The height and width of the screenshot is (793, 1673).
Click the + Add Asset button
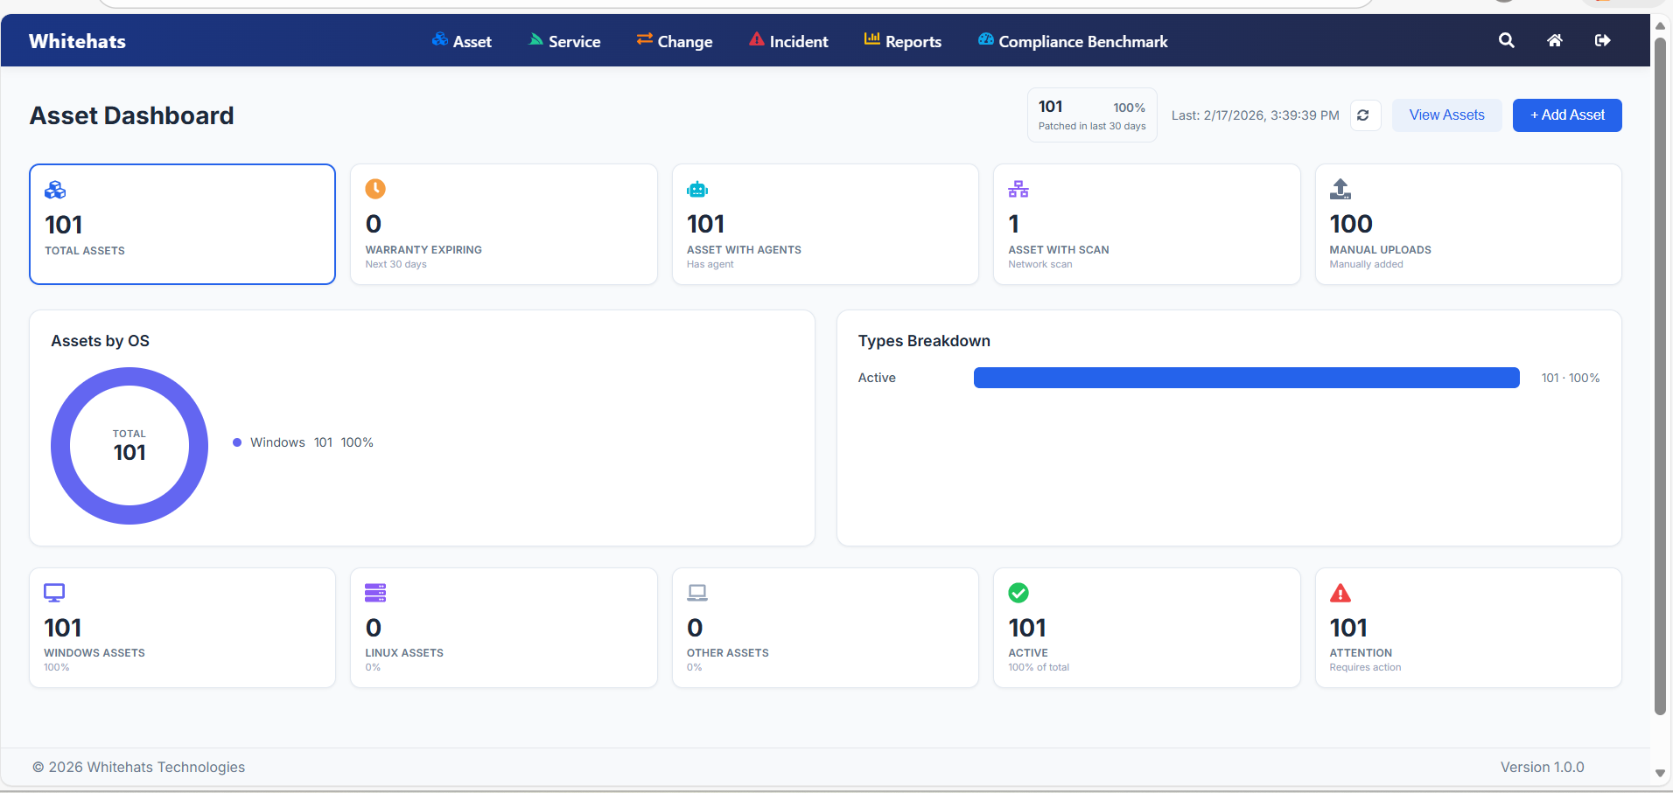1566,115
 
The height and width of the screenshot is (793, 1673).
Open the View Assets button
1446,115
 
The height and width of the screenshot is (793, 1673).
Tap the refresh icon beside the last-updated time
1363,115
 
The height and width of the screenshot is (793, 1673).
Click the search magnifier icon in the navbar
1506,40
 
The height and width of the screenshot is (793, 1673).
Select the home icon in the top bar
1554,40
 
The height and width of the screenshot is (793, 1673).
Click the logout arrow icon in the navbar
1602,40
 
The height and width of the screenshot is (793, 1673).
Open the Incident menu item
788,41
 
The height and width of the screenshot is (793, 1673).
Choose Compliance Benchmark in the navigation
1073,41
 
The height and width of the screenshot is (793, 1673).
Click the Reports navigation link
903,41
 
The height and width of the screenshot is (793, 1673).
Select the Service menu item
564,41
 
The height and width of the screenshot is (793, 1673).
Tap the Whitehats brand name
77,41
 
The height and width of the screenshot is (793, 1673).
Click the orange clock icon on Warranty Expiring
375,189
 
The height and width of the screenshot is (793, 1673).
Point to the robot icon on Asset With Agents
697,189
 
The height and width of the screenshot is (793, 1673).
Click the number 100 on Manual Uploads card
1351,224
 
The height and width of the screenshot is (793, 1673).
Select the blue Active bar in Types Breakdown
1246,378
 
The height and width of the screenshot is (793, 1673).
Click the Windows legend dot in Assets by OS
237,442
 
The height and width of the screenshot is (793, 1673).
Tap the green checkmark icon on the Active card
1018,593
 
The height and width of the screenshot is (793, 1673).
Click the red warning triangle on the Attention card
1340,594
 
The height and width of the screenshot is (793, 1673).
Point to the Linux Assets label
404,653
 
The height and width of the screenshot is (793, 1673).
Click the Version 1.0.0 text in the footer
1542,767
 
